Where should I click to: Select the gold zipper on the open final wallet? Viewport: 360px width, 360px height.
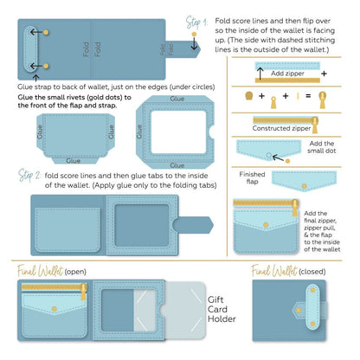[54, 286]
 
